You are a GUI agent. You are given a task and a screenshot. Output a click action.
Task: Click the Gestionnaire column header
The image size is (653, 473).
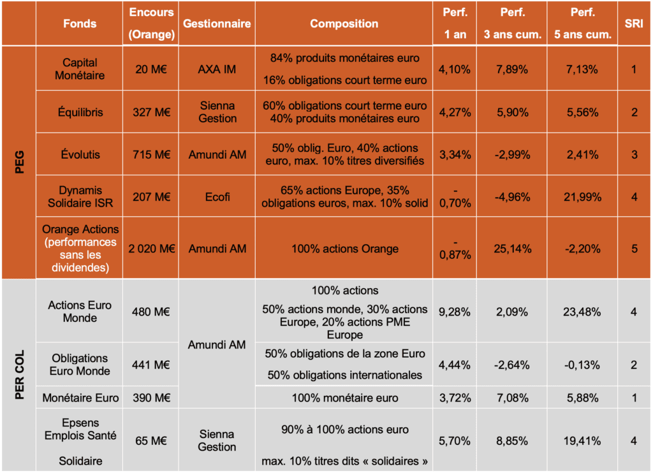click(217, 24)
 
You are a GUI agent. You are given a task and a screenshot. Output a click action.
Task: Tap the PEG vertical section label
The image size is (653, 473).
click(18, 161)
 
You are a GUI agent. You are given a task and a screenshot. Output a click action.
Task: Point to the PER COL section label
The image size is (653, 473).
click(18, 375)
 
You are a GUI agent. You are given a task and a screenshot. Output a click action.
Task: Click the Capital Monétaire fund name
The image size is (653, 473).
click(80, 69)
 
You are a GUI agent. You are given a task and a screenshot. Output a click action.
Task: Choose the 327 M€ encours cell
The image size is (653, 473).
click(151, 112)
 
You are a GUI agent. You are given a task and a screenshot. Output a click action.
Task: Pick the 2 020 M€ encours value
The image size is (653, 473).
click(151, 248)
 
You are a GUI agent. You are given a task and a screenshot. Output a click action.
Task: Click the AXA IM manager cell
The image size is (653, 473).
click(217, 69)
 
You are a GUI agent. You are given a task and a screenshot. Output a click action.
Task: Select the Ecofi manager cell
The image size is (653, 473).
click(217, 197)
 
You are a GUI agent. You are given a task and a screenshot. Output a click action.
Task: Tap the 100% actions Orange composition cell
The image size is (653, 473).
click(344, 248)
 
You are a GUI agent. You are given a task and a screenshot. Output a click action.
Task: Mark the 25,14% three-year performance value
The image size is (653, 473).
click(511, 248)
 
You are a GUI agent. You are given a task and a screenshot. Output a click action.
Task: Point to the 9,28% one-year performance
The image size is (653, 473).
click(455, 312)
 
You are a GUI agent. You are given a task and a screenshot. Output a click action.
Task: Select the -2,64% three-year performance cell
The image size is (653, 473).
click(511, 365)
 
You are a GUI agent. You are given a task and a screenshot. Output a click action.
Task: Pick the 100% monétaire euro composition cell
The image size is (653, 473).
click(344, 398)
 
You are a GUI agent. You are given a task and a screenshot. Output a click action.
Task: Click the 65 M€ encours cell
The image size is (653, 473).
click(151, 440)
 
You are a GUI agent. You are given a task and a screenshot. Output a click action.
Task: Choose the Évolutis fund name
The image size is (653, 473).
click(80, 154)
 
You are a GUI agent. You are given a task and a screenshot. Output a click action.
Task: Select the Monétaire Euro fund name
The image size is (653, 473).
click(80, 398)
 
